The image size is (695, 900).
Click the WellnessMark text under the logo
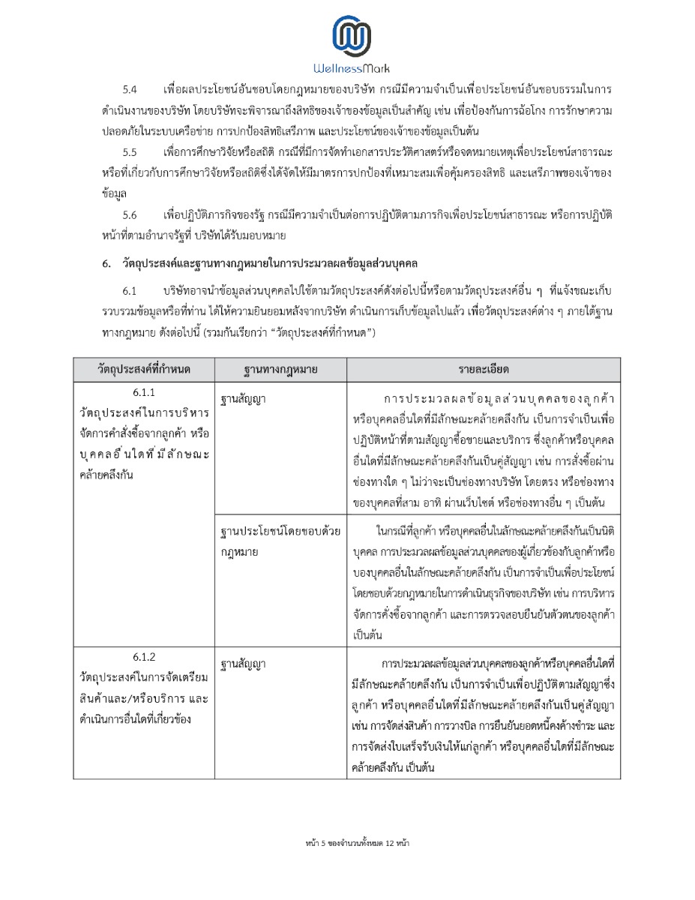point(352,68)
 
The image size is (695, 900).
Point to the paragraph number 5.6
point(130,215)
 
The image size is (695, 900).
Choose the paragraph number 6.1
point(130,289)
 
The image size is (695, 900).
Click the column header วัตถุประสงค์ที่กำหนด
point(144,370)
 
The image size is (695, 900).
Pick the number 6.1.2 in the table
point(144,658)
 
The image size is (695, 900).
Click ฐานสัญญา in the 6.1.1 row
point(244,398)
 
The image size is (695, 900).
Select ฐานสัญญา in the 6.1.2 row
point(244,664)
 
